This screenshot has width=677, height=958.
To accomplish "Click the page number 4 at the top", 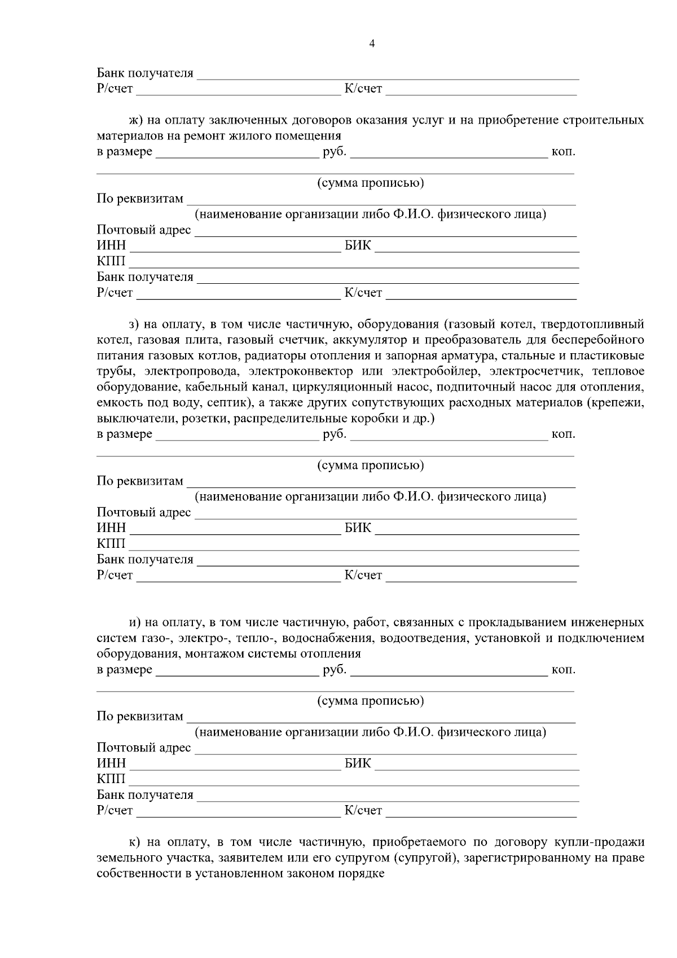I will [371, 44].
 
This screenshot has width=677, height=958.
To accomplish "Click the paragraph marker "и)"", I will [135, 623].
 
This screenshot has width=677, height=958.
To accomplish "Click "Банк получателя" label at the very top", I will [145, 73].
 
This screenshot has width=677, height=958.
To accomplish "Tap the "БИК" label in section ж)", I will [358, 246].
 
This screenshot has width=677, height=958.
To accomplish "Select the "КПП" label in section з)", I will [111, 544].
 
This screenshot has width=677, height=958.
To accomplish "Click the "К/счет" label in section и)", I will [363, 811].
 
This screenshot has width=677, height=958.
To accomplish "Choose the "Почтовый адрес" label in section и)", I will [144, 748].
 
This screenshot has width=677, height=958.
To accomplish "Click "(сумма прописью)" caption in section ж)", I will [370, 183].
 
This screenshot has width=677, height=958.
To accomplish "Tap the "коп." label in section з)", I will [563, 434].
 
